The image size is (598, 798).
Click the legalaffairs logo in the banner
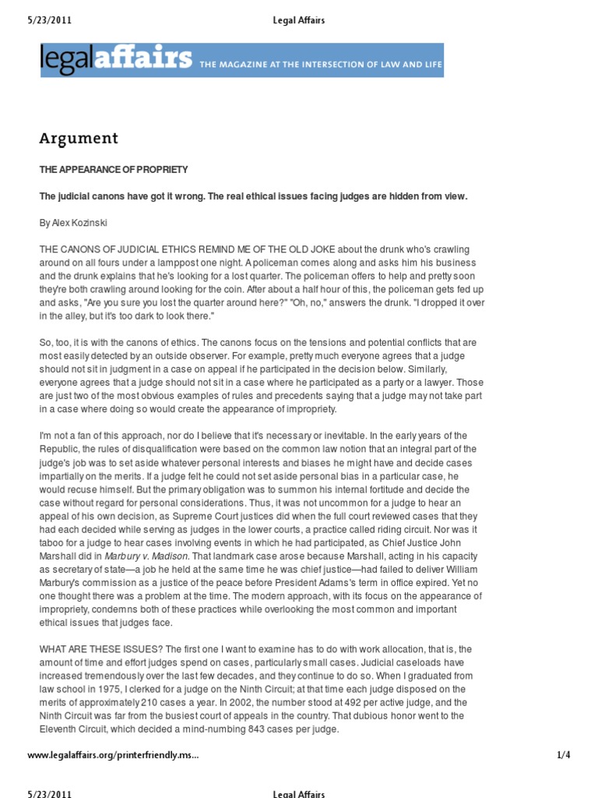(x=117, y=59)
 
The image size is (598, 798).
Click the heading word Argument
(x=79, y=139)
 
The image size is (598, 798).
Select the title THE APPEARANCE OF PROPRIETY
(x=114, y=170)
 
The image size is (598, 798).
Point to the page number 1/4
(x=565, y=755)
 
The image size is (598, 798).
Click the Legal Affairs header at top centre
(x=299, y=21)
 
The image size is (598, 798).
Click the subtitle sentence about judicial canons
(x=253, y=196)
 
